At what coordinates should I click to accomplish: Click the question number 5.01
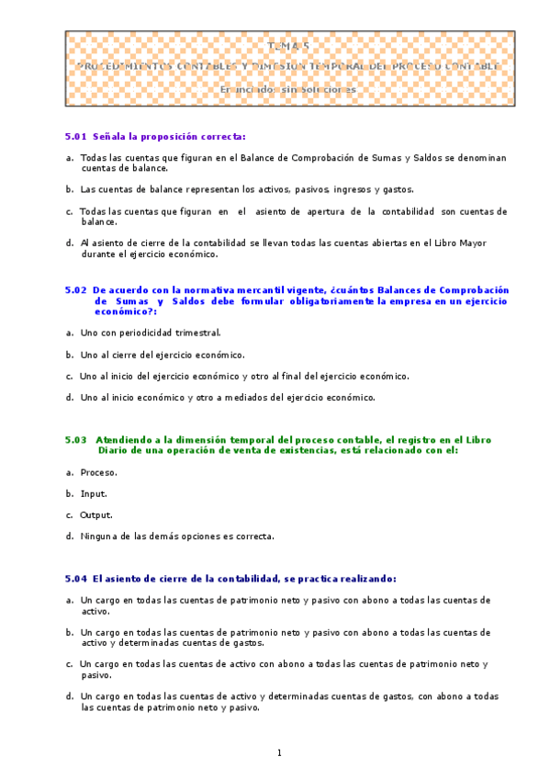click(x=75, y=136)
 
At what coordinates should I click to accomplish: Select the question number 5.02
click(x=75, y=288)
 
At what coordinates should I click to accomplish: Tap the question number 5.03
click(x=75, y=439)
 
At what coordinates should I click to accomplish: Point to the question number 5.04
click(x=75, y=579)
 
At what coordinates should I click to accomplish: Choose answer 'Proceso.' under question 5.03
click(x=98, y=472)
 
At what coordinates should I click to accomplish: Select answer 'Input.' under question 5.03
click(x=94, y=493)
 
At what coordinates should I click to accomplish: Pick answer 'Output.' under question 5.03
click(x=95, y=514)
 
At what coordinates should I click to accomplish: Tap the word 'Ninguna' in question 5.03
click(x=98, y=536)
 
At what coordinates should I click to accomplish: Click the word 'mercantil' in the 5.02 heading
click(x=253, y=288)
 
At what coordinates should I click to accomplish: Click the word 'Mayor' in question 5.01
click(x=473, y=243)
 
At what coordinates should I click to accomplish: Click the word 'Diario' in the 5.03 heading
click(x=115, y=450)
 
